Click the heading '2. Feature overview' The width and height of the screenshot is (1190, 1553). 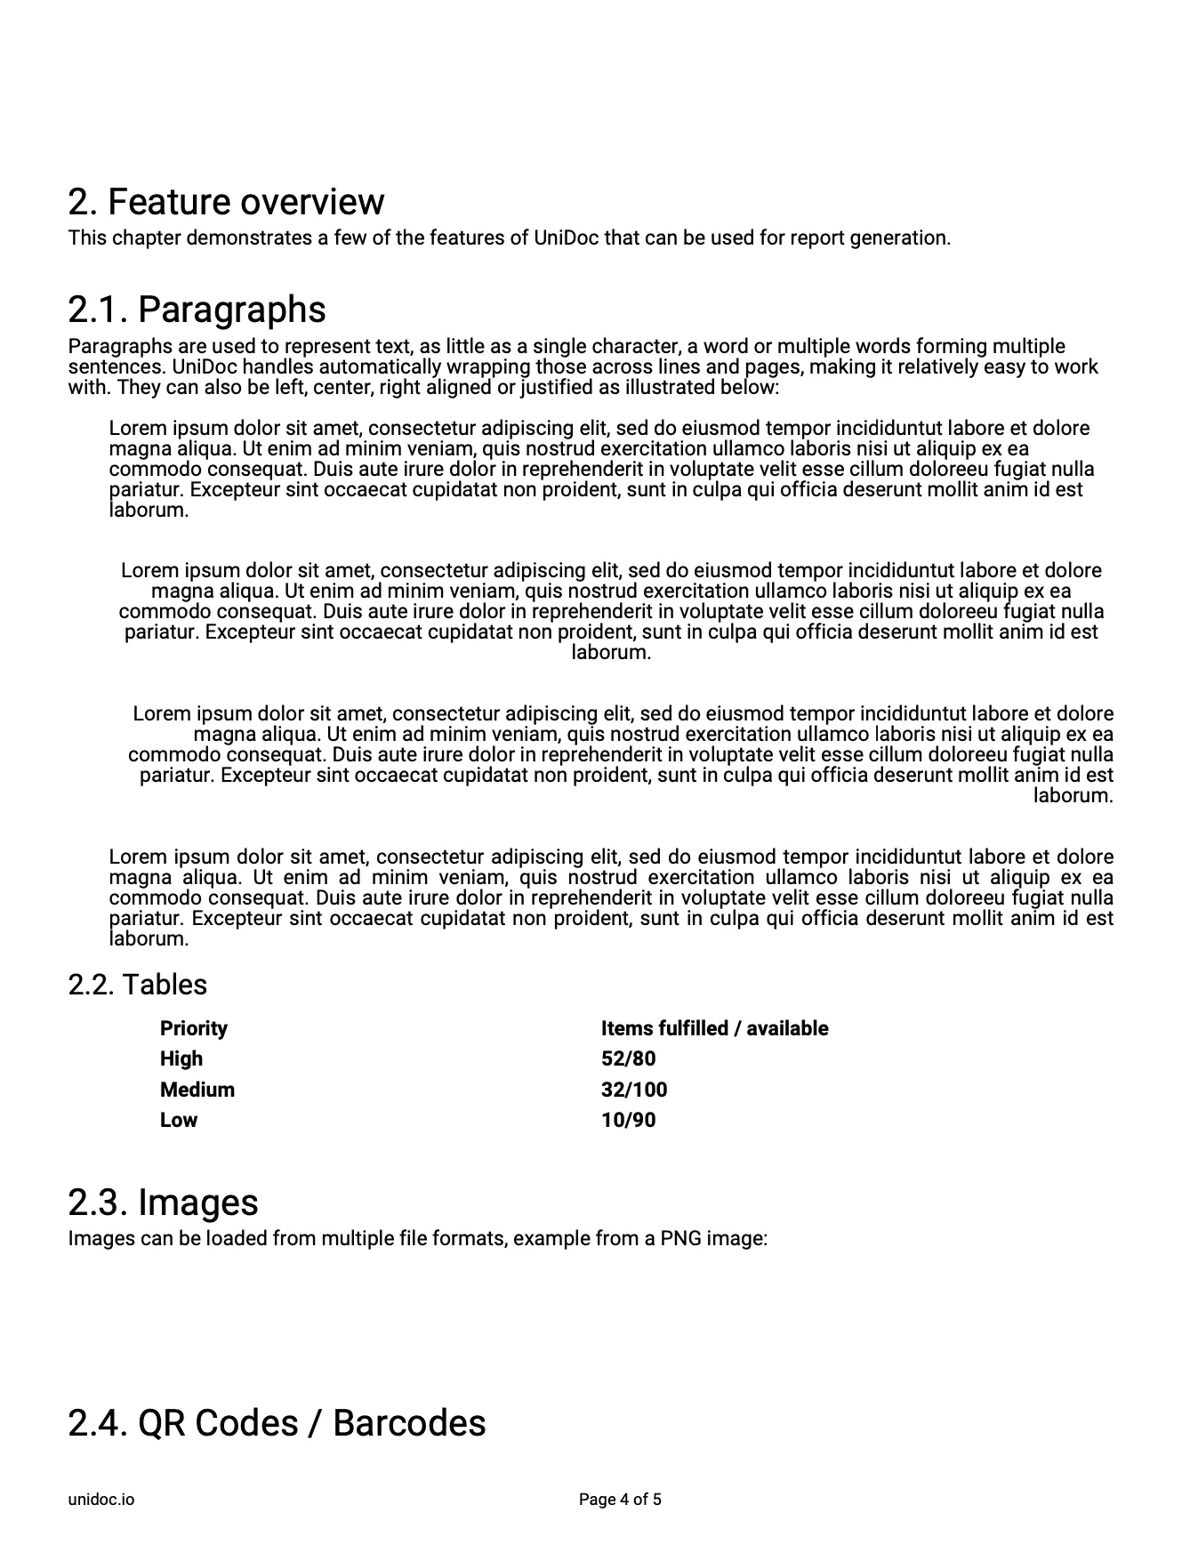pos(226,203)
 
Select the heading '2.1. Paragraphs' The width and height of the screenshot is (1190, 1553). pos(197,310)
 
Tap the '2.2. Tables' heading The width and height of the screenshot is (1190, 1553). pos(137,985)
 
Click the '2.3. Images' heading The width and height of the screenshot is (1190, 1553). pos(163,1203)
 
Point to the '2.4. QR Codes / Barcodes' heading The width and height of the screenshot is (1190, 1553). pos(277,1422)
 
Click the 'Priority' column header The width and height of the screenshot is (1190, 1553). pos(193,1028)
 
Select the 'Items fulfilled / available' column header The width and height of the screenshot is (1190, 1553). pos(714,1028)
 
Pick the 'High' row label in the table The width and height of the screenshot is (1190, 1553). pos(181,1058)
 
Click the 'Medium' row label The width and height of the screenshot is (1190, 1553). pos(197,1090)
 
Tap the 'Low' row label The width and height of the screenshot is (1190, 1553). pos(178,1120)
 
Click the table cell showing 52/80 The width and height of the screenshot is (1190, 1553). pos(628,1058)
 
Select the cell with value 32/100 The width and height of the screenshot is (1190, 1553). pos(633,1090)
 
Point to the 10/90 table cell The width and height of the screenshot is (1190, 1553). pos(628,1120)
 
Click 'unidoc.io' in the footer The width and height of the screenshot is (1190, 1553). pos(101,1500)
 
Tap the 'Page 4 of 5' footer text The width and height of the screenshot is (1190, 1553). pos(620,1500)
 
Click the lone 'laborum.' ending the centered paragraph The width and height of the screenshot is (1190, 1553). pos(611,653)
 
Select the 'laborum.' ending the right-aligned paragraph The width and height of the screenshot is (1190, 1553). pos(1073,796)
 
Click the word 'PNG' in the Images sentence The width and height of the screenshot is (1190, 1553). pos(680,1238)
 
